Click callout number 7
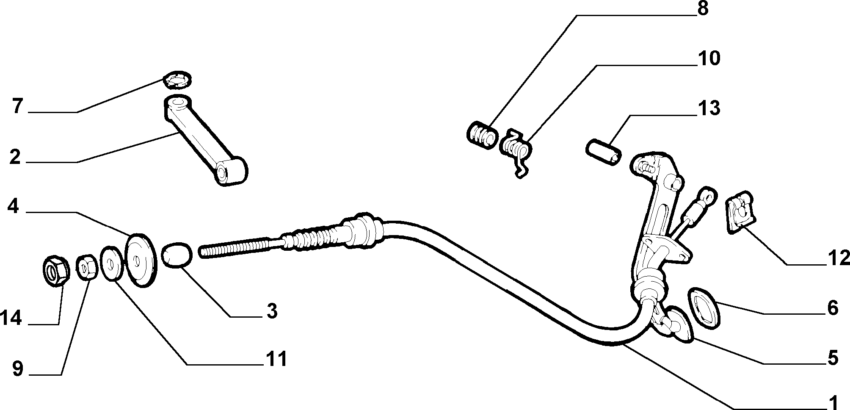(17, 106)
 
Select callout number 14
(11, 318)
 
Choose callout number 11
(276, 359)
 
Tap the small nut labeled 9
(87, 267)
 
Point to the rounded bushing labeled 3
(177, 255)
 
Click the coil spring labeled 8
(482, 135)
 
